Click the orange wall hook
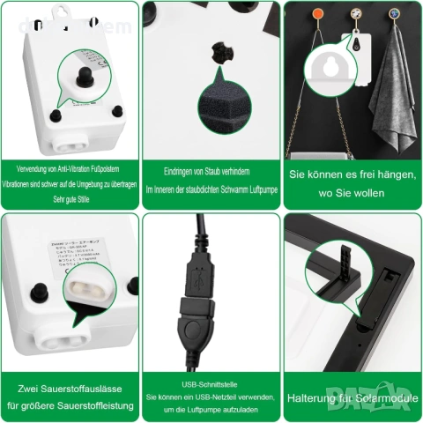(315, 14)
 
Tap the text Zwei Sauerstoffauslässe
(70, 389)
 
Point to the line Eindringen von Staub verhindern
(211, 173)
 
